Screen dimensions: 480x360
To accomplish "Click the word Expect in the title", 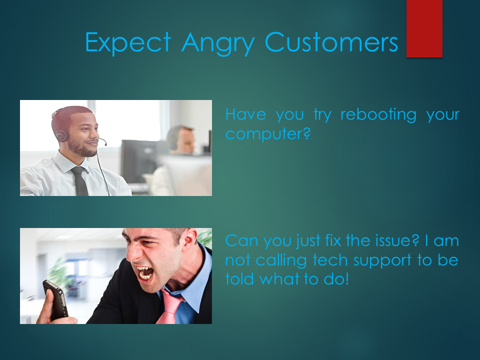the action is click(x=128, y=43).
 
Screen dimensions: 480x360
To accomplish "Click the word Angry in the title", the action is click(x=218, y=43).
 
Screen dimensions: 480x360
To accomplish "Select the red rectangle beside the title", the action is click(x=424, y=28).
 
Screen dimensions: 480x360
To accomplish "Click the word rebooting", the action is click(x=378, y=114).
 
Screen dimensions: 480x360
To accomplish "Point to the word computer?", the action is click(x=268, y=134).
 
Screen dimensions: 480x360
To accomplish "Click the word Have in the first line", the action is click(x=245, y=114).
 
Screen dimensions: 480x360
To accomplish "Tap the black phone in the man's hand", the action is click(x=55, y=300).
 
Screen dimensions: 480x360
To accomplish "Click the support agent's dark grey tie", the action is click(x=80, y=180).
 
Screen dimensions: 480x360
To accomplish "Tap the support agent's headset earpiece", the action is click(x=61, y=135).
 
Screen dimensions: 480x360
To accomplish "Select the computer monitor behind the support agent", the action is click(x=141, y=161).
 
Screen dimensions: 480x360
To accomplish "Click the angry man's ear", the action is click(x=190, y=236).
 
